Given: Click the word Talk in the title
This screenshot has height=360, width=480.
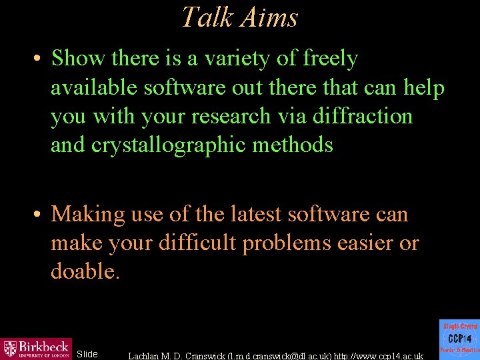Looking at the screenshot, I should point(204,17).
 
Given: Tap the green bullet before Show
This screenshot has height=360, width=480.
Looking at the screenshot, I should point(38,59).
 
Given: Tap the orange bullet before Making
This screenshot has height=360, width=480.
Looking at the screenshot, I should point(38,215).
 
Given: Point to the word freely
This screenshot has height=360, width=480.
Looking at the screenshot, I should point(330,59).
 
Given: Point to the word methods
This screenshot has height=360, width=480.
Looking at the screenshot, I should point(300,145).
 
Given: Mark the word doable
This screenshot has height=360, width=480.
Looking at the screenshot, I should point(85,272).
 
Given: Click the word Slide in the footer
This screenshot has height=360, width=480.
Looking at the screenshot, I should point(87,354).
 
